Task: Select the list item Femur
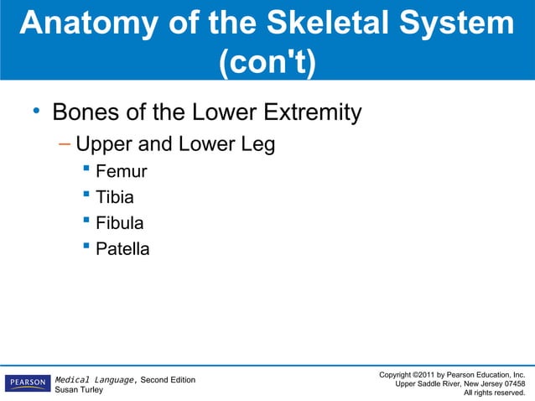tap(122, 172)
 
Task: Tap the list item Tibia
tap(115, 198)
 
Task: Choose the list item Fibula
tap(120, 223)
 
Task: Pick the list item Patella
tap(123, 248)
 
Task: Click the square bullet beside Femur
tap(86, 172)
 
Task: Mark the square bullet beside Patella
tap(86, 248)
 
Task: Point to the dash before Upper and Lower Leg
tap(65, 144)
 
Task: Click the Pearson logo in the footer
tap(27, 383)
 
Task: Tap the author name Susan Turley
tap(80, 391)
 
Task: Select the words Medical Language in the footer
tap(95, 380)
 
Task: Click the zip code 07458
tap(511, 383)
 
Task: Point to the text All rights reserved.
tap(500, 393)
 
